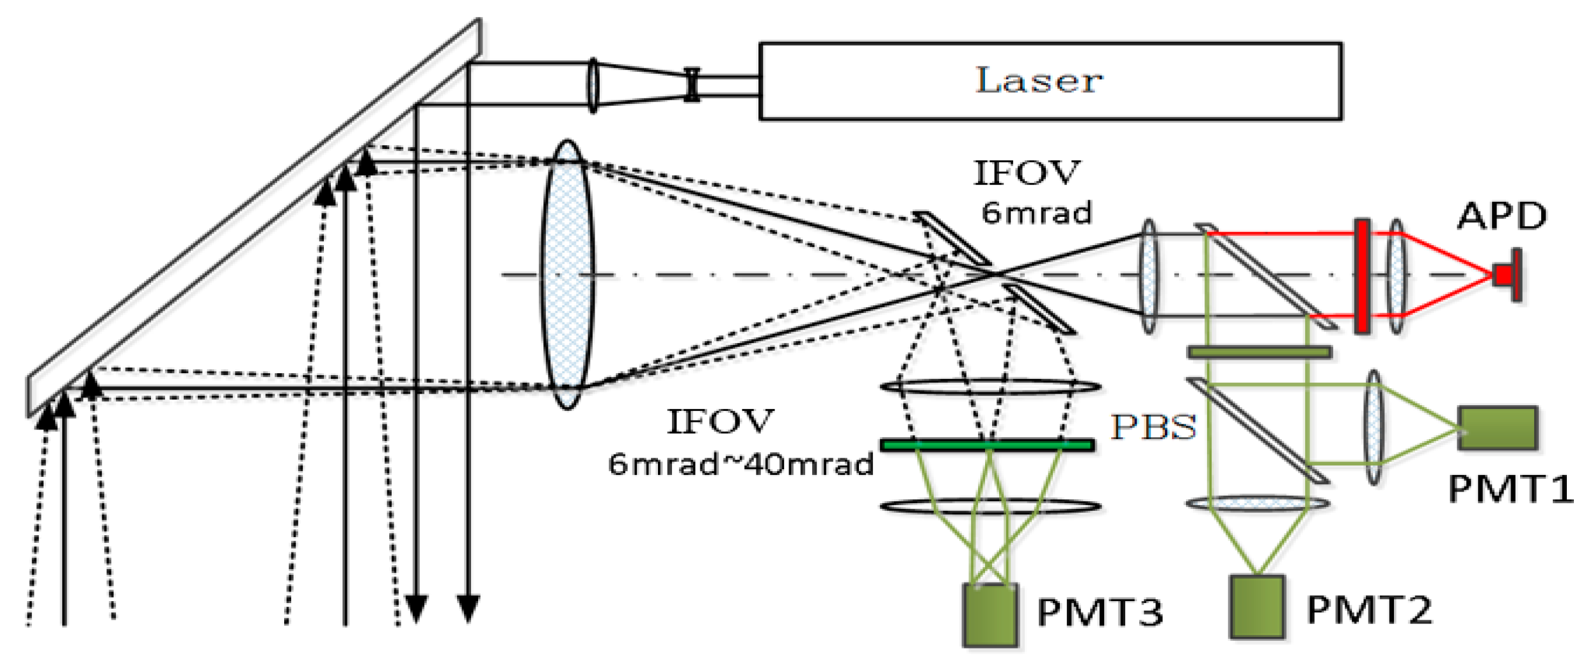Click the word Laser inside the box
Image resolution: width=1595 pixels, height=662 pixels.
[x=1038, y=81]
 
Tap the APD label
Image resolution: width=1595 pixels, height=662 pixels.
[x=1502, y=216]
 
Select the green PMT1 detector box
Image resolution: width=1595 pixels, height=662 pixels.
[x=1498, y=428]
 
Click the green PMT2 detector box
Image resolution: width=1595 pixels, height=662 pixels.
[x=1257, y=606]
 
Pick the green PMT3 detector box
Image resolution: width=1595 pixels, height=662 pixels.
[x=991, y=614]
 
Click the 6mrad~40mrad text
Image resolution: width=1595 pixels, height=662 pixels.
[x=741, y=464]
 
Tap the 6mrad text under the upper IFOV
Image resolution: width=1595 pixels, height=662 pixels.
[x=1036, y=213]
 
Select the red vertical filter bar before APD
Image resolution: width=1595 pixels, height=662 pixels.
[x=1362, y=276]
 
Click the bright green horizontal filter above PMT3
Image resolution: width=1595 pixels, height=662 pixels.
[x=987, y=445]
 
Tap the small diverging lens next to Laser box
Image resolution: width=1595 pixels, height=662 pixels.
[x=691, y=85]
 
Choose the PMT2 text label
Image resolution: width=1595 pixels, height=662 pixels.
[x=1368, y=610]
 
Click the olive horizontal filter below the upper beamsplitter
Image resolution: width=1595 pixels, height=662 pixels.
[x=1259, y=352]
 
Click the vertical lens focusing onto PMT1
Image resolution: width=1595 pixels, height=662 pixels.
[x=1374, y=427]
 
